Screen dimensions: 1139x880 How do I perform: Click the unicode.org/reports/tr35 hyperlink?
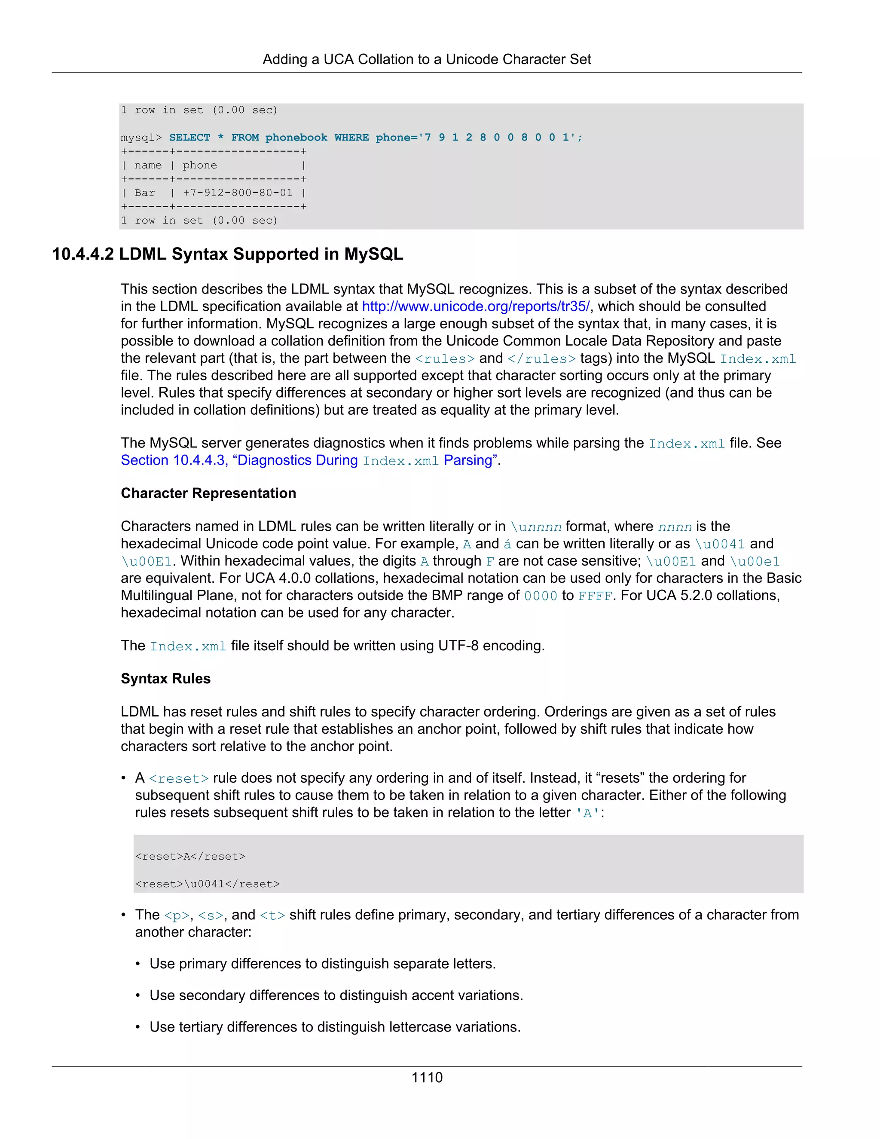click(x=476, y=306)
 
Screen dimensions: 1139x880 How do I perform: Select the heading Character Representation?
click(x=208, y=493)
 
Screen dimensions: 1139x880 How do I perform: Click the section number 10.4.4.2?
click(x=83, y=254)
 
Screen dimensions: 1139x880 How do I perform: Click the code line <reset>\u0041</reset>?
click(x=208, y=883)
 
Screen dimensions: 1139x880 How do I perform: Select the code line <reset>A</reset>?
click(x=190, y=856)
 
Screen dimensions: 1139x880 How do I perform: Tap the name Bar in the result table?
click(x=144, y=193)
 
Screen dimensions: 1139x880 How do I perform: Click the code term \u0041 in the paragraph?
click(x=720, y=544)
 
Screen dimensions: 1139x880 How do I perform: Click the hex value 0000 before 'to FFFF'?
click(x=540, y=596)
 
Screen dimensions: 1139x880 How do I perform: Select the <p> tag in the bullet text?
click(x=176, y=915)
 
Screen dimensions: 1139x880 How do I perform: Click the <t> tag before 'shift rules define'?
click(x=272, y=915)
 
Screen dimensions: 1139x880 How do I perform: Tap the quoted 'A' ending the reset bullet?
click(x=587, y=813)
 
